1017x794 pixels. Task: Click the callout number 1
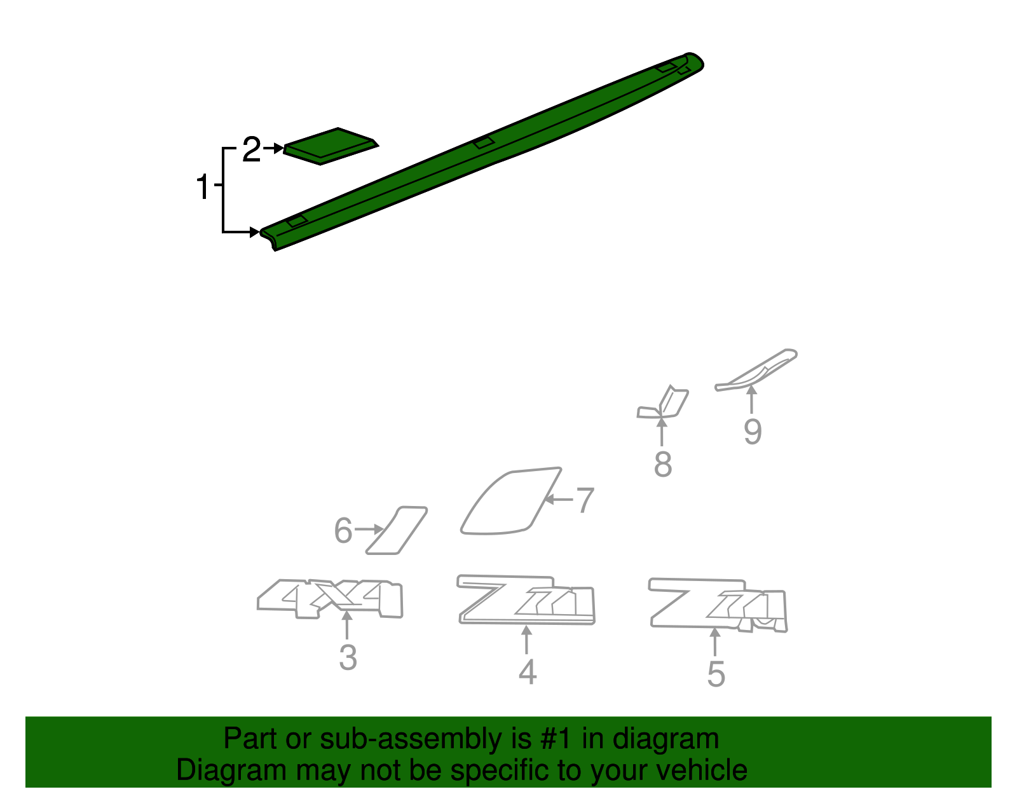coord(203,186)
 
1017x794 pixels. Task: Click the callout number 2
coord(252,150)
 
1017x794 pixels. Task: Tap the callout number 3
coord(348,657)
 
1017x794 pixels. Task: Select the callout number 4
coord(527,672)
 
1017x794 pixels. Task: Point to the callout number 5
coord(716,674)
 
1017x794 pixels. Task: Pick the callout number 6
coord(343,530)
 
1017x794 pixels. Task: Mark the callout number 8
coord(663,464)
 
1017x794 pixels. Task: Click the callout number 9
coord(753,432)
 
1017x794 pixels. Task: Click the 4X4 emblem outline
coord(331,598)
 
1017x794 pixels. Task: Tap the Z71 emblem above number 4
coord(526,600)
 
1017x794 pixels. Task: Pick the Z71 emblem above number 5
coord(718,604)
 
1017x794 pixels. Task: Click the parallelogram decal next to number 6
coord(397,530)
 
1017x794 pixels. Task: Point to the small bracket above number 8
coord(664,404)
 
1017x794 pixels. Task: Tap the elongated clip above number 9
coord(756,370)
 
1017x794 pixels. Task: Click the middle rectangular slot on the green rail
coord(484,142)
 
